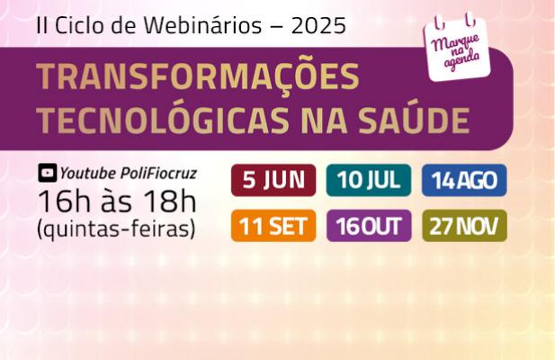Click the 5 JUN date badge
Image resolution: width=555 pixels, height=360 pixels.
pyautogui.click(x=273, y=180)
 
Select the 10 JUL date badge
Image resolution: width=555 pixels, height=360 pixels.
pyautogui.click(x=369, y=180)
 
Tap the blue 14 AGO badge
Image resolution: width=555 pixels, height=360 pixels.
pyautogui.click(x=464, y=180)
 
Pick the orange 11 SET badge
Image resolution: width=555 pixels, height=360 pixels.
pyautogui.click(x=273, y=226)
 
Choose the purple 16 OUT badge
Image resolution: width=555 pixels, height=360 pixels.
pyautogui.click(x=369, y=226)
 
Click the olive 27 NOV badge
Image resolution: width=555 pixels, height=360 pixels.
pyautogui.click(x=464, y=226)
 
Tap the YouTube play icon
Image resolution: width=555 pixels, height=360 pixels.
pyautogui.click(x=48, y=173)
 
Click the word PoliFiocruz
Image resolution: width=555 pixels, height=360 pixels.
pyautogui.click(x=158, y=174)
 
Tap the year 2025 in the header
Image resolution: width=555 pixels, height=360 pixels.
pyautogui.click(x=318, y=26)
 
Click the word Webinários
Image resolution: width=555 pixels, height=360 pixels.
pyautogui.click(x=202, y=25)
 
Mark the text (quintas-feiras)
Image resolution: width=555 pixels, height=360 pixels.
pyautogui.click(x=116, y=229)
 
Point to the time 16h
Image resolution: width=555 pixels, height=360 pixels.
pyautogui.click(x=64, y=201)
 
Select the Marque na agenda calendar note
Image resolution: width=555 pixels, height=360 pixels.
pyautogui.click(x=457, y=48)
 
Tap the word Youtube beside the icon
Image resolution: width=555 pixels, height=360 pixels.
pyautogui.click(x=88, y=174)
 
